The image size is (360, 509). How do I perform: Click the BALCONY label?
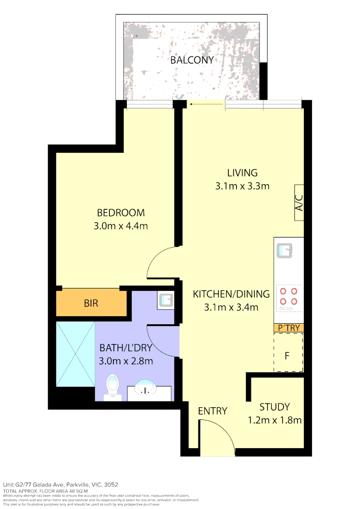(192, 60)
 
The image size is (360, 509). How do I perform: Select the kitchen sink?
(285, 251)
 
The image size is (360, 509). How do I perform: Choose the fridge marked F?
(287, 353)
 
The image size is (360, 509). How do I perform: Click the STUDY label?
(274, 407)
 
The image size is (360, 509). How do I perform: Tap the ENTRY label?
(213, 411)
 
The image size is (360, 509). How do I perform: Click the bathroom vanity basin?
(146, 389)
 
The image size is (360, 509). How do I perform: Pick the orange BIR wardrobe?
(91, 304)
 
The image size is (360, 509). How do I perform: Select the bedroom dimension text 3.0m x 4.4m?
(121, 226)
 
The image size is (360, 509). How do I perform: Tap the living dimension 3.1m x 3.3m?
(242, 186)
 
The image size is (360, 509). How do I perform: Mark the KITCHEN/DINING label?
(231, 294)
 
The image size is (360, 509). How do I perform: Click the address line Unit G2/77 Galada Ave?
(60, 484)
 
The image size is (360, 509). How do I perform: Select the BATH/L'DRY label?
(126, 348)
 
